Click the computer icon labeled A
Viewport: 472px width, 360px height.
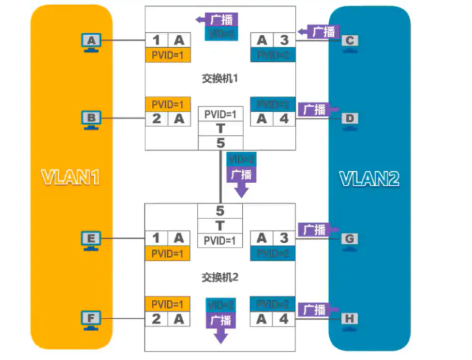(x=91, y=42)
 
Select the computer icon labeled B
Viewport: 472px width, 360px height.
(x=91, y=119)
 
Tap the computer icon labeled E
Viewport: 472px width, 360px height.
(x=91, y=240)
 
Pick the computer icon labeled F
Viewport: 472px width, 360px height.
(x=91, y=321)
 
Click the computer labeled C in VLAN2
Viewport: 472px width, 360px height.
(x=350, y=41)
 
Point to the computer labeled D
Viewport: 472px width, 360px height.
(x=350, y=119)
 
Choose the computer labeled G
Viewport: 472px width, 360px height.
(x=350, y=240)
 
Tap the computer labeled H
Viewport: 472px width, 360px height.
(x=350, y=320)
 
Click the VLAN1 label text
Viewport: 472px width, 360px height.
(x=70, y=178)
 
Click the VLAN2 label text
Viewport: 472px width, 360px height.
(x=369, y=178)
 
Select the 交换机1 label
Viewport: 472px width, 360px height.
(x=220, y=78)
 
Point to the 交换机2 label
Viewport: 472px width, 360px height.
(x=220, y=277)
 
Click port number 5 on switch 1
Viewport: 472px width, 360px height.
(x=221, y=143)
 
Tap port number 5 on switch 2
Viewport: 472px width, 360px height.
(x=221, y=211)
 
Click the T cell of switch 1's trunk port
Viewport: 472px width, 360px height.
(x=221, y=129)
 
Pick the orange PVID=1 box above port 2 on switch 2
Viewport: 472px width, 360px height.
(x=168, y=304)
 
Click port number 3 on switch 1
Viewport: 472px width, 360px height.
(x=283, y=40)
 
